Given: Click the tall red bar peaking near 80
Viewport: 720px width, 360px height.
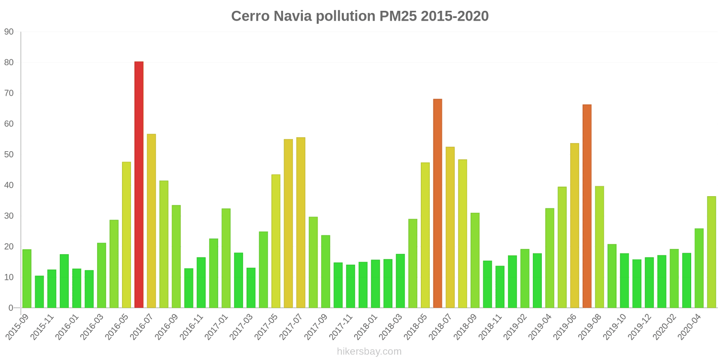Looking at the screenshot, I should [x=139, y=184].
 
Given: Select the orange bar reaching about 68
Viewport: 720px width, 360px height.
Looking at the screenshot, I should [x=437, y=203].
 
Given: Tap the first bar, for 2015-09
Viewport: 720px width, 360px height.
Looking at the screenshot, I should [x=27, y=279].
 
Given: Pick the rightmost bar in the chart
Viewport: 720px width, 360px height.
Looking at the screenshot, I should [x=711, y=252].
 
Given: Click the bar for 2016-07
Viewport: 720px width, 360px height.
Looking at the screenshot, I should [x=151, y=221].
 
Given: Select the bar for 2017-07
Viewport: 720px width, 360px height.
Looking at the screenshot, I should [x=301, y=223].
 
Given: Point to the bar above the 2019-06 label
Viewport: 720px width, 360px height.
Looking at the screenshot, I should [x=575, y=225].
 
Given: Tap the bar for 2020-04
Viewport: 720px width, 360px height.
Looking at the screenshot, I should [x=699, y=268].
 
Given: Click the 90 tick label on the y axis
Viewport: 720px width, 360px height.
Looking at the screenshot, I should [x=9, y=32].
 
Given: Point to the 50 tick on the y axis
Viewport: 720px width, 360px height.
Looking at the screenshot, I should [x=9, y=154].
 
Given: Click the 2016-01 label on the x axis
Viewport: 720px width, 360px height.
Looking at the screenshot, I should [x=67, y=327].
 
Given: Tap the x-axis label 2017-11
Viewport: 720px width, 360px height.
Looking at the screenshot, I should [x=341, y=327].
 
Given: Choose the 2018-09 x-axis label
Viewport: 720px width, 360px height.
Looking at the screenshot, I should [x=465, y=327].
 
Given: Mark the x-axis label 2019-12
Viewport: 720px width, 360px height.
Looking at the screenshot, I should [x=639, y=327].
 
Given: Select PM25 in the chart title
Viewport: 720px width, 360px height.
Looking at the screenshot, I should [x=398, y=16].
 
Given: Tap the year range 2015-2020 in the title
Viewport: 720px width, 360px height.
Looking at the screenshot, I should [x=455, y=16].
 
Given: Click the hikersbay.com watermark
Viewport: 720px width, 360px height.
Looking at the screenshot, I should [x=369, y=351].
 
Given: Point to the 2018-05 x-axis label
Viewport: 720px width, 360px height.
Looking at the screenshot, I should [x=416, y=327].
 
